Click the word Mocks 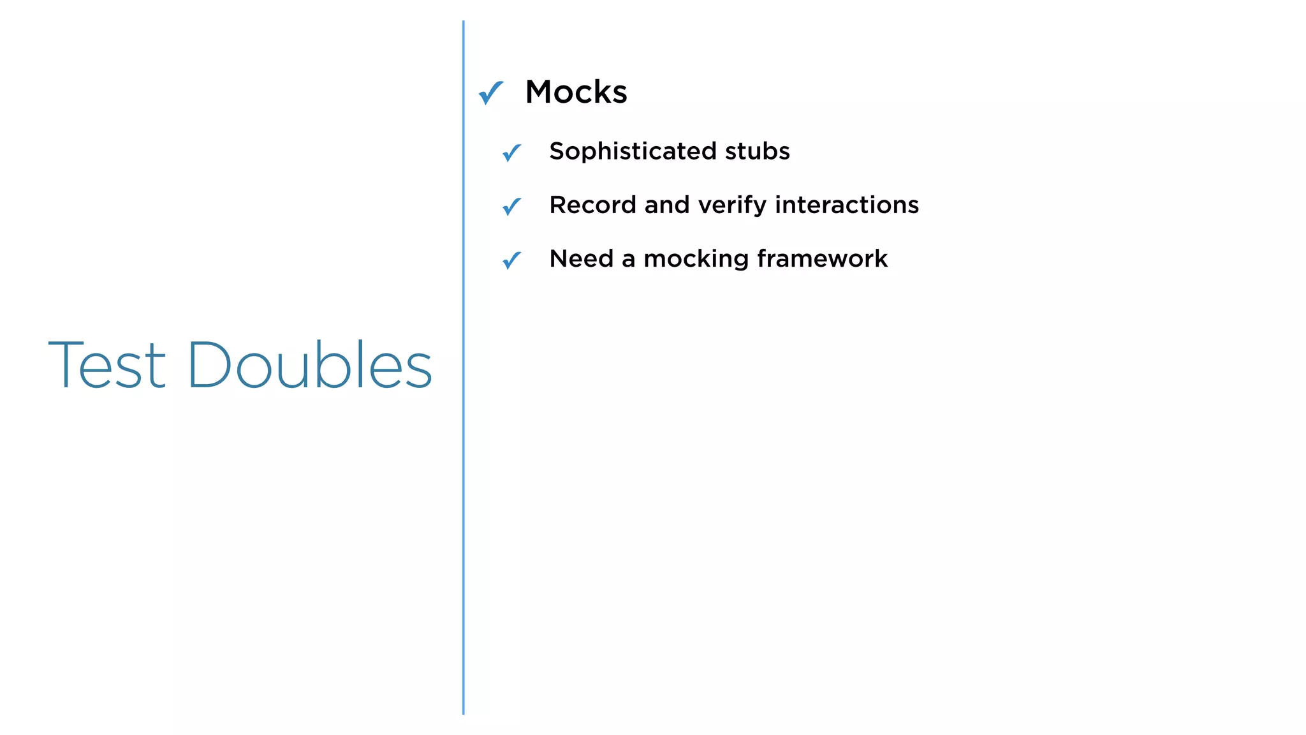pyautogui.click(x=576, y=92)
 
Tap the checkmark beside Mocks pyautogui.click(x=491, y=93)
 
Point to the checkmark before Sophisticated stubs pyautogui.click(x=511, y=152)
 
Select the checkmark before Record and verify pyautogui.click(x=511, y=206)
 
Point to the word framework pyautogui.click(x=822, y=258)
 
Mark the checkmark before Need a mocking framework pyautogui.click(x=511, y=260)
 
